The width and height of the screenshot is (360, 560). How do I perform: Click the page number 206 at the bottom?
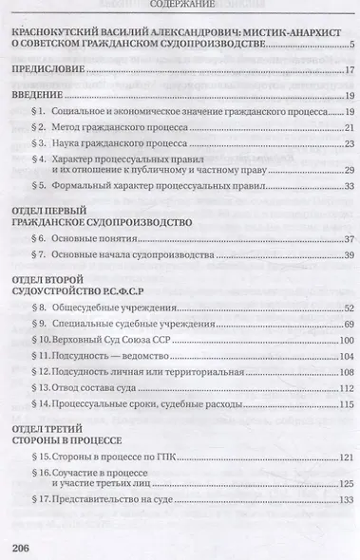point(21,546)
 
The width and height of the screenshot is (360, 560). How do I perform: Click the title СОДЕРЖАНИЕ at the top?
point(179,4)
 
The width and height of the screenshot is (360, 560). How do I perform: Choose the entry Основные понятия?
point(98,238)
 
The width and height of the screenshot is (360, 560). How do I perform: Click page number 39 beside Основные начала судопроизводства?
point(348,255)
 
